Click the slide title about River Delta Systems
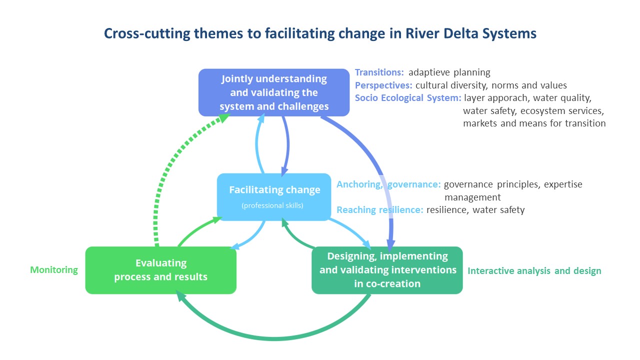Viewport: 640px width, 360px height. pyautogui.click(x=320, y=33)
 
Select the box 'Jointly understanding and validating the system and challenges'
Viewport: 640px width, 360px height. pyautogui.click(x=274, y=92)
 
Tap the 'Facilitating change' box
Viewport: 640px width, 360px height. pyautogui.click(x=274, y=197)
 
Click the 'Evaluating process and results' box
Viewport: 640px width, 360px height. pyautogui.click(x=161, y=270)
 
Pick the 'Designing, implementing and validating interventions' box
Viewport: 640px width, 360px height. pyautogui.click(x=387, y=270)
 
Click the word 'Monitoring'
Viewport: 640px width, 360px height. pyautogui.click(x=54, y=270)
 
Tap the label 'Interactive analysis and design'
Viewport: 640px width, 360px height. pyautogui.click(x=534, y=271)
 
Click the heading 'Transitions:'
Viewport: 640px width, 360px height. pyautogui.click(x=379, y=72)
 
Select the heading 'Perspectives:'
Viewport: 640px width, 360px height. pyautogui.click(x=383, y=85)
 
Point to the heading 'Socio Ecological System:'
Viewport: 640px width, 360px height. pyautogui.click(x=408, y=98)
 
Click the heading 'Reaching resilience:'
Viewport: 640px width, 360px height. pyautogui.click(x=380, y=210)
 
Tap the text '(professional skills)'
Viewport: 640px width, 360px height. pyautogui.click(x=272, y=205)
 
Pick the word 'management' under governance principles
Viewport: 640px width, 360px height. pyautogui.click(x=472, y=197)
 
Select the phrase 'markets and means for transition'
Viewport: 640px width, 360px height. pyautogui.click(x=534, y=123)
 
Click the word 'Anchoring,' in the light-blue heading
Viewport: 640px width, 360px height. pyautogui.click(x=359, y=184)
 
